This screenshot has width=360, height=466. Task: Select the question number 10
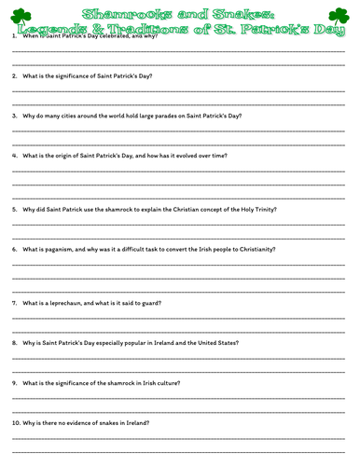15,424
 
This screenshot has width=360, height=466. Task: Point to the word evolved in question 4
195,156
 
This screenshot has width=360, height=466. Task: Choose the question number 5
14,210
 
